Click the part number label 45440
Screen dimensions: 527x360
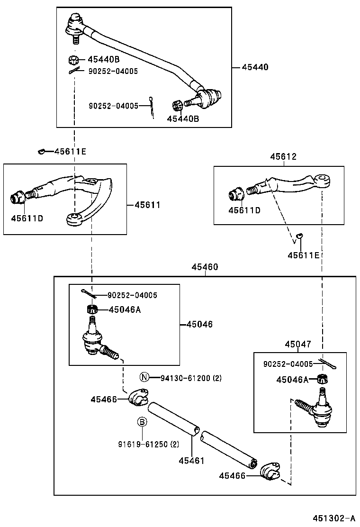[255, 67]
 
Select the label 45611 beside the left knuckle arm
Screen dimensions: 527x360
[147, 205]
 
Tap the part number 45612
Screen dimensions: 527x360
[283, 157]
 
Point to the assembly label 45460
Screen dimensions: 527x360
[205, 267]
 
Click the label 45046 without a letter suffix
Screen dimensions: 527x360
[199, 325]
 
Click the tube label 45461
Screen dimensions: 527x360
[191, 460]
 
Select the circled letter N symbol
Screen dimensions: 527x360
[144, 377]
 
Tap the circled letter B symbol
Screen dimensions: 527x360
[142, 422]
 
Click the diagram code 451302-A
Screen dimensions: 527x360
[333, 518]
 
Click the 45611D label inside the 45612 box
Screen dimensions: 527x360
[244, 210]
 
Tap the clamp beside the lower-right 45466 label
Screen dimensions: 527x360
[271, 470]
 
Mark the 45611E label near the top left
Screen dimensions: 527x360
[70, 152]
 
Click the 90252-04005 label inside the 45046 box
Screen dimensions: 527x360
[132, 295]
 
